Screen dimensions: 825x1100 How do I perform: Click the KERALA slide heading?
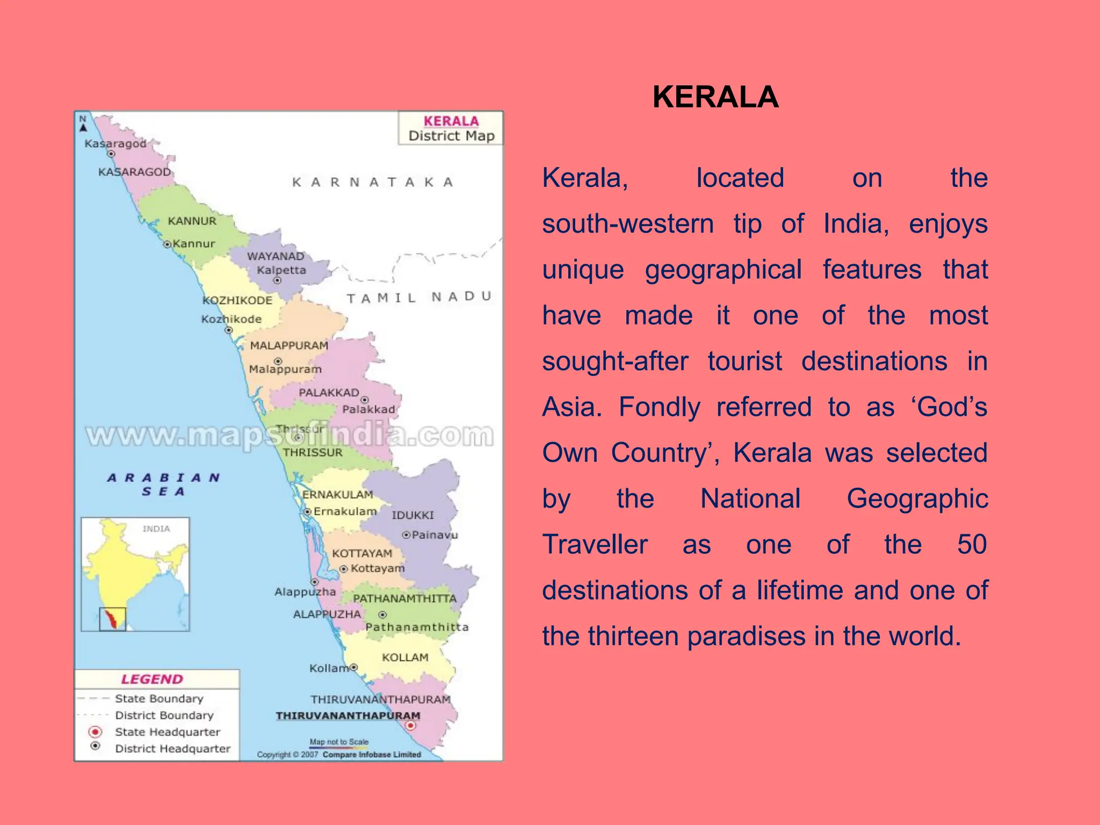point(715,97)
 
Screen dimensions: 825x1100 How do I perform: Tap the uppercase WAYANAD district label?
point(276,256)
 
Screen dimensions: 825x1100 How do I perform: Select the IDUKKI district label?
point(412,515)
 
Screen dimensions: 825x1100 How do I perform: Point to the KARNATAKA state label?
point(373,182)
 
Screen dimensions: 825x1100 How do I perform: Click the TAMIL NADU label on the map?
point(419,297)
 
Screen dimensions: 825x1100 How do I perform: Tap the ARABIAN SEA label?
point(163,484)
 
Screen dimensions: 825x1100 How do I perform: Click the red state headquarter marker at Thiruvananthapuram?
point(410,726)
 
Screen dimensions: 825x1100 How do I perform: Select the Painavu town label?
point(435,535)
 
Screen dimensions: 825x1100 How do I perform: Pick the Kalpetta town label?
point(281,270)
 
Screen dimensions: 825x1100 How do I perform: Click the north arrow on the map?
point(83,127)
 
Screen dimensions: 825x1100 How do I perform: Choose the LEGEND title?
point(152,679)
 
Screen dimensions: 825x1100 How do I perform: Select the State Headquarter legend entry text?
point(168,732)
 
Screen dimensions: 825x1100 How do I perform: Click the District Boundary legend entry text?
point(164,715)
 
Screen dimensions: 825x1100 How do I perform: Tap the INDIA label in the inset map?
point(156,529)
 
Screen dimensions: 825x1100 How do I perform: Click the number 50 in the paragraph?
point(972,545)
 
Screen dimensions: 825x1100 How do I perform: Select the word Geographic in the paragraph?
point(917,499)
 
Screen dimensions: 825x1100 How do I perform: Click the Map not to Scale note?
point(339,742)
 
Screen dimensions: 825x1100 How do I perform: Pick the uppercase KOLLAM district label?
point(405,657)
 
